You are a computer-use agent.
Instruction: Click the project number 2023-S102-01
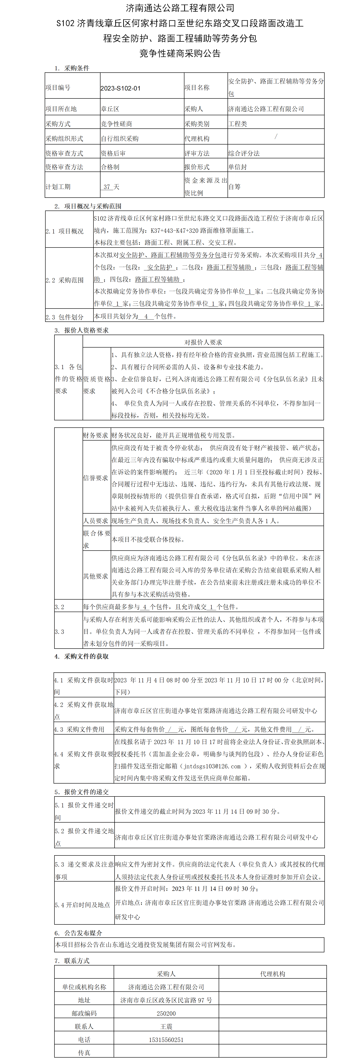(x=120, y=88)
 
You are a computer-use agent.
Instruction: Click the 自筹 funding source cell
(x=234, y=186)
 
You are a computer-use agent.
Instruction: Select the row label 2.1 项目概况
(x=65, y=231)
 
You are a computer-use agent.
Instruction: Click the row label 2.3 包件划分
(x=65, y=317)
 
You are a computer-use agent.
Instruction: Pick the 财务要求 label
(x=96, y=435)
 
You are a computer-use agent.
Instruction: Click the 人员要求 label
(x=96, y=521)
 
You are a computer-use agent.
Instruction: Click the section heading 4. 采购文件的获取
(x=82, y=656)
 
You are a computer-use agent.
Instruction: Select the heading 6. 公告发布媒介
(x=78, y=933)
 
